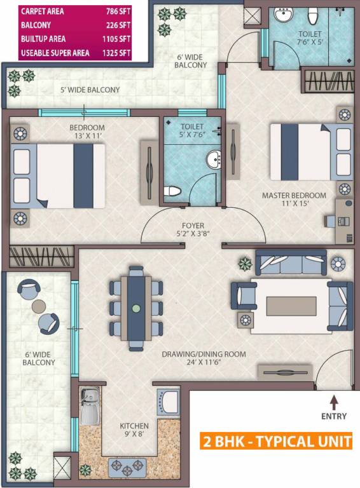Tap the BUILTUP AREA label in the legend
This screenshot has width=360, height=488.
coord(43,39)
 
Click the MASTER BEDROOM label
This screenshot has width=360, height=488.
coord(294,195)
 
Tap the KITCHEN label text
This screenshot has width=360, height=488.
coord(134,426)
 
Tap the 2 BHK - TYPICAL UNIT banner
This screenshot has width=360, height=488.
coord(275,441)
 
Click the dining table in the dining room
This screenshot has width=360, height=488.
coord(136,308)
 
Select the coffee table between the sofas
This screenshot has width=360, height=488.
coord(290,306)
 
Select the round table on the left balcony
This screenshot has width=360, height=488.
coord(39,306)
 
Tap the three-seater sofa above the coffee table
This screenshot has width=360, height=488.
coord(291,261)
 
